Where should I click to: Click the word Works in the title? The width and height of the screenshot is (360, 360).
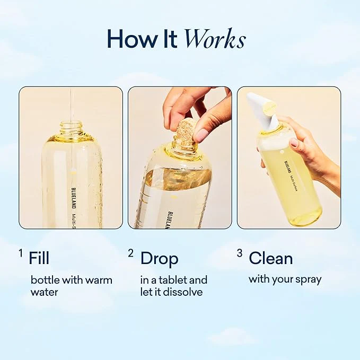(x=215, y=39)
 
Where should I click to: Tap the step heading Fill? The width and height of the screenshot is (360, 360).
(x=39, y=258)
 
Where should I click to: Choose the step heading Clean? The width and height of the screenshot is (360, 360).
(x=271, y=258)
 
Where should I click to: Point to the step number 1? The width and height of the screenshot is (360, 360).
(x=21, y=253)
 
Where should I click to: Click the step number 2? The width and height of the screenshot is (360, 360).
(x=130, y=253)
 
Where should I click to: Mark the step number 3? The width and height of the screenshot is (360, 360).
(x=240, y=253)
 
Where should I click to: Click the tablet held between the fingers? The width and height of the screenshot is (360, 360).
(x=187, y=132)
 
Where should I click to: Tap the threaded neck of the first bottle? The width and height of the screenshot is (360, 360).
(x=71, y=129)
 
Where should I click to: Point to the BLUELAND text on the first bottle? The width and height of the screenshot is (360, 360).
(x=74, y=198)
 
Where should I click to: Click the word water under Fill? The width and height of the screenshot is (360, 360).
(x=45, y=293)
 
